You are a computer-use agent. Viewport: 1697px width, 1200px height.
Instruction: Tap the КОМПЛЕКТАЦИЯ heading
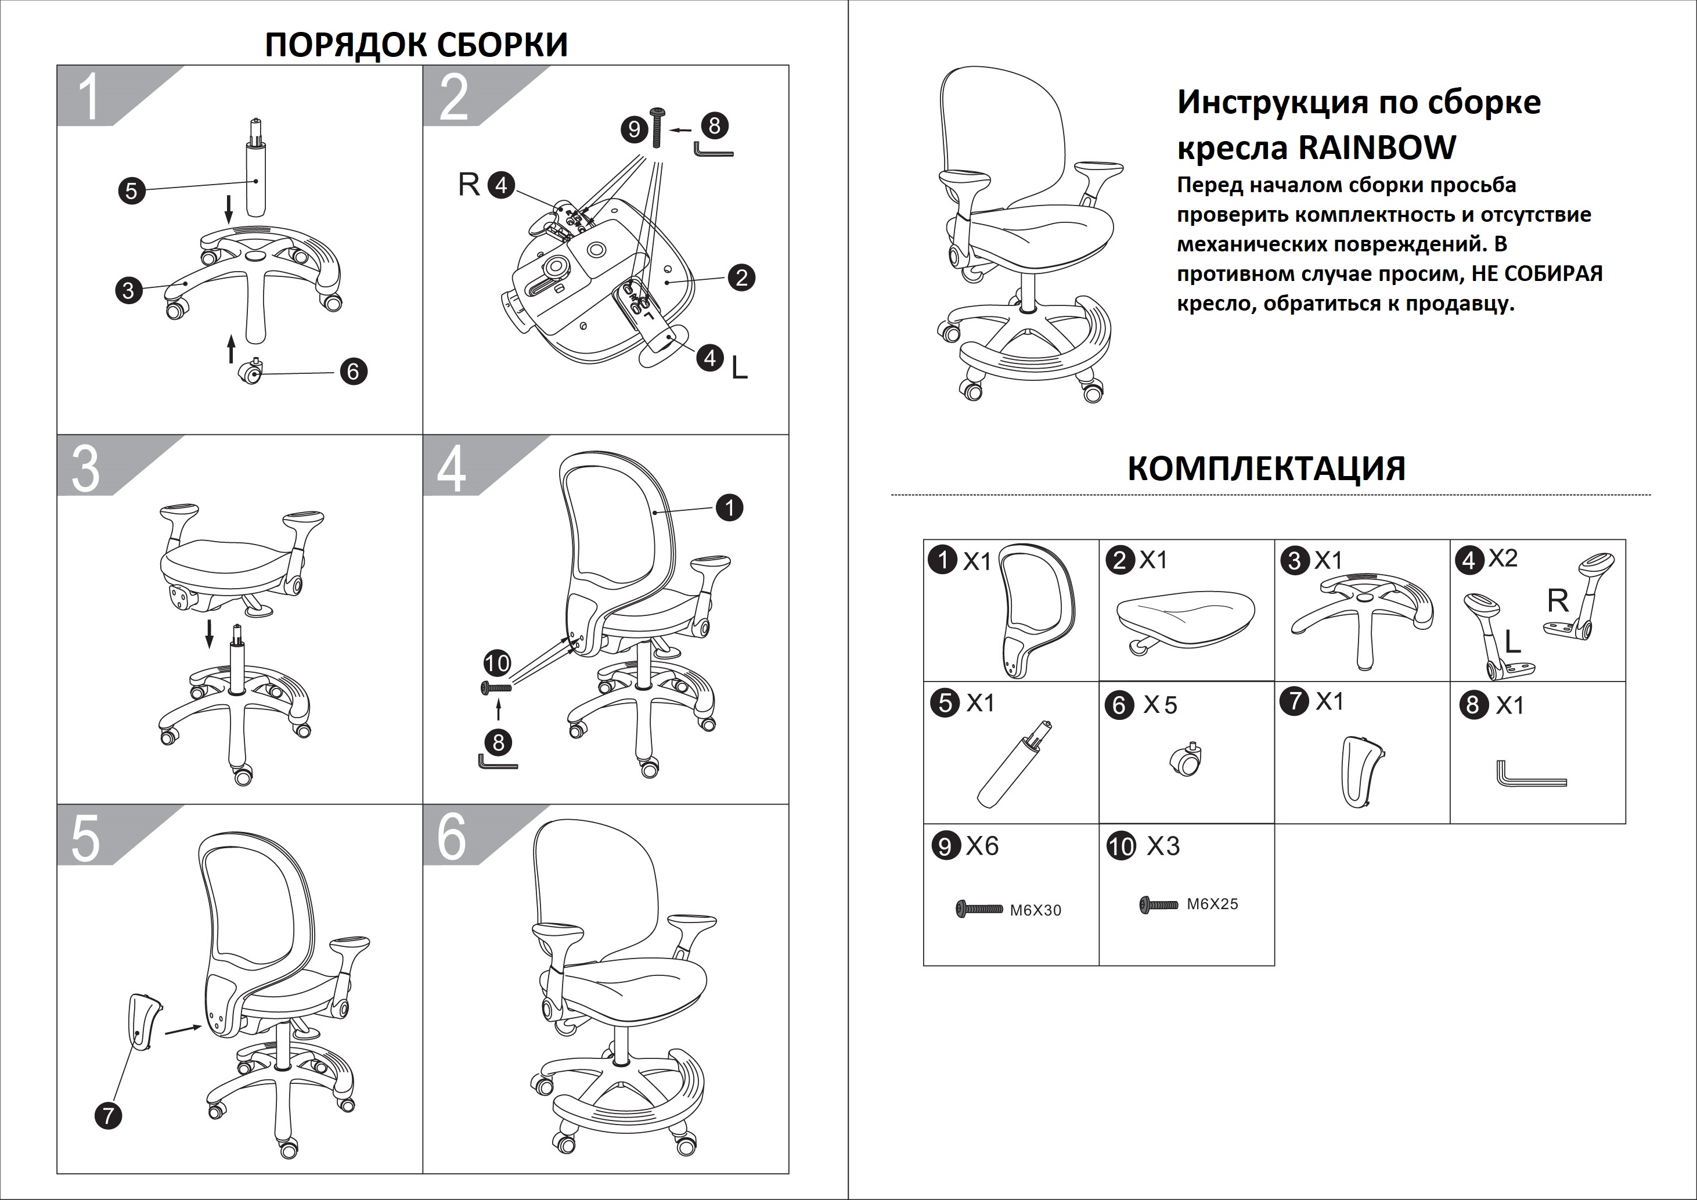[x=1266, y=469]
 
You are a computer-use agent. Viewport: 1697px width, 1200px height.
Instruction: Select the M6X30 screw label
[x=1036, y=911]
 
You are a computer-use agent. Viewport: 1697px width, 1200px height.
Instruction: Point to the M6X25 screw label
[x=1212, y=904]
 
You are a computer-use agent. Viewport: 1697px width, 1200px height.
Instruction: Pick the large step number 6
[x=452, y=838]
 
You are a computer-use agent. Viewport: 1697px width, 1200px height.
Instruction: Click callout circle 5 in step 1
[x=132, y=190]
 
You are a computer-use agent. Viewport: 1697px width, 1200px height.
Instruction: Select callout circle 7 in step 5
[x=109, y=1115]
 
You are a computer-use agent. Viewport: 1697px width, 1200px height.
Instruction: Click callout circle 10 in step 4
[x=497, y=663]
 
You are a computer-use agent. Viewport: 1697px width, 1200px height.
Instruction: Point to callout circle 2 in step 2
[x=741, y=278]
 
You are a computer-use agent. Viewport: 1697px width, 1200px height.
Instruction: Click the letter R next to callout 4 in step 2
[x=469, y=185]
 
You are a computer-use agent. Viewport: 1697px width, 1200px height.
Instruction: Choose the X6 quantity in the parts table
[x=982, y=845]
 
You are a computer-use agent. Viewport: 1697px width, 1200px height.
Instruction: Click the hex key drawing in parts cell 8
[x=1530, y=776]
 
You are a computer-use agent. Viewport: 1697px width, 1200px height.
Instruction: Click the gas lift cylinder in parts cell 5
[x=1010, y=765]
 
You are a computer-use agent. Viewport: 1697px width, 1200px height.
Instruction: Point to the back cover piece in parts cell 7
[x=1361, y=771]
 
